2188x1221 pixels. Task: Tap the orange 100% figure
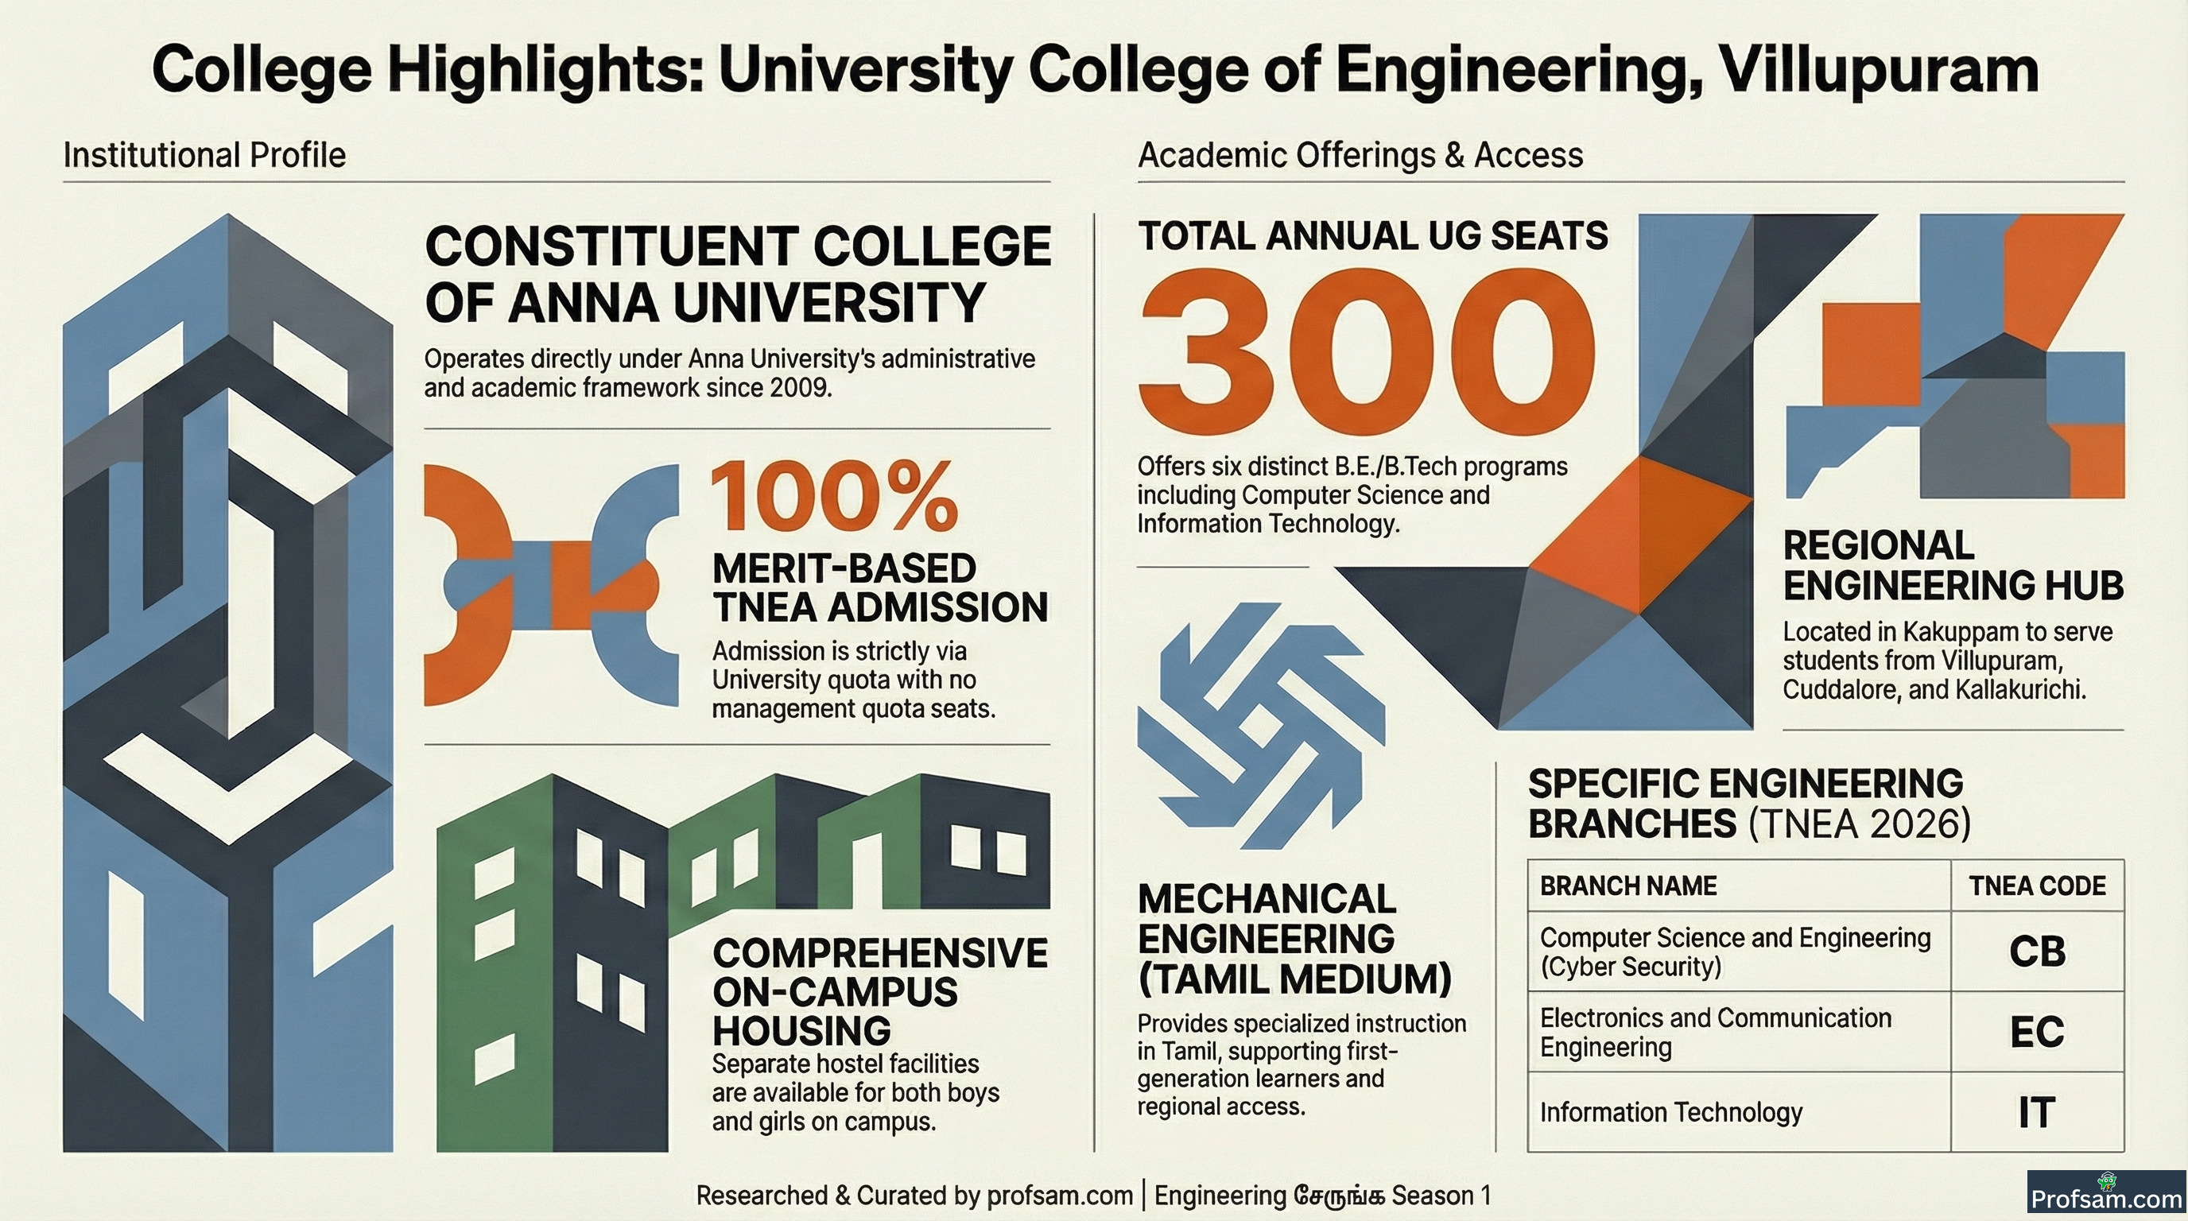[834, 497]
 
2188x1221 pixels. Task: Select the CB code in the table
[2037, 952]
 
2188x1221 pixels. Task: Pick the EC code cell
[2037, 1032]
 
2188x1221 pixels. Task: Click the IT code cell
[2037, 1112]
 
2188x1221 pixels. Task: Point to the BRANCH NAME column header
[1628, 886]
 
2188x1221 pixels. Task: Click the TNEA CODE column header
[2038, 886]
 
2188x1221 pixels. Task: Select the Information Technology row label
[1670, 1112]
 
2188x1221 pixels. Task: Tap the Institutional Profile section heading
[204, 155]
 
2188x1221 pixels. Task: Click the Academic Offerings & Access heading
[1360, 155]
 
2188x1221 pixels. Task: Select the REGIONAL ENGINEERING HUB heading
[1953, 565]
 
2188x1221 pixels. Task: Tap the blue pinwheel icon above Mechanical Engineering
[1260, 726]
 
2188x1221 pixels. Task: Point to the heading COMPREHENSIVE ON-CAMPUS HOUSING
[880, 992]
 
